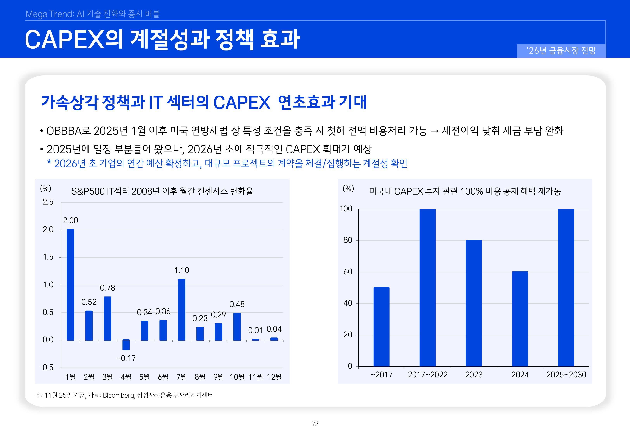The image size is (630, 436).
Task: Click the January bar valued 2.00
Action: pyautogui.click(x=71, y=285)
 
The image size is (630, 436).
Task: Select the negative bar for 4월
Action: pyautogui.click(x=126, y=345)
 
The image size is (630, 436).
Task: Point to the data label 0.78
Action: pyautogui.click(x=107, y=288)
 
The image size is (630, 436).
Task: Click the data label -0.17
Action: pyautogui.click(x=126, y=358)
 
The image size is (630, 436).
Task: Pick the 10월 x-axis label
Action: pyautogui.click(x=237, y=377)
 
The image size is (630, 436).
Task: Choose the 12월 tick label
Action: pyautogui.click(x=274, y=377)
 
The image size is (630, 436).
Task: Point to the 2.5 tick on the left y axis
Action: pyautogui.click(x=48, y=202)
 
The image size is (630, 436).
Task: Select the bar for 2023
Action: pyautogui.click(x=474, y=303)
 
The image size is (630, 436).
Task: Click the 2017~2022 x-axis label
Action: pyautogui.click(x=428, y=375)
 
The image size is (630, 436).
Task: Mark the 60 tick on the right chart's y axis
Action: pyautogui.click(x=348, y=272)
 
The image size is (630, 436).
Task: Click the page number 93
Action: pyautogui.click(x=315, y=424)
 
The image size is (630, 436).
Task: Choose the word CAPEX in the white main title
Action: pyautogui.click(x=65, y=40)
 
